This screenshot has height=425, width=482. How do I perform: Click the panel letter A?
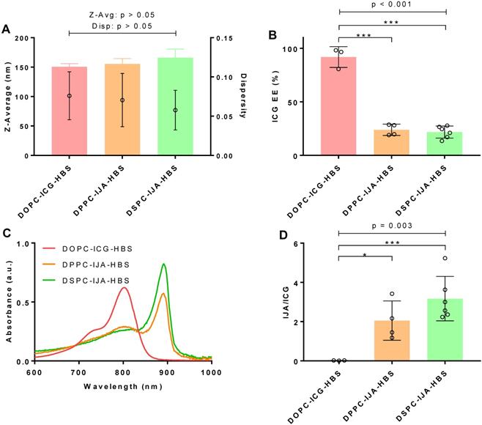[7, 29]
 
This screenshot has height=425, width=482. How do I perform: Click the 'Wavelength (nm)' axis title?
[123, 385]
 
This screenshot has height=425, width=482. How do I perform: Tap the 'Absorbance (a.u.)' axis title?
[10, 303]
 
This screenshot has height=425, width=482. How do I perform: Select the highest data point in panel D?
[445, 258]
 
